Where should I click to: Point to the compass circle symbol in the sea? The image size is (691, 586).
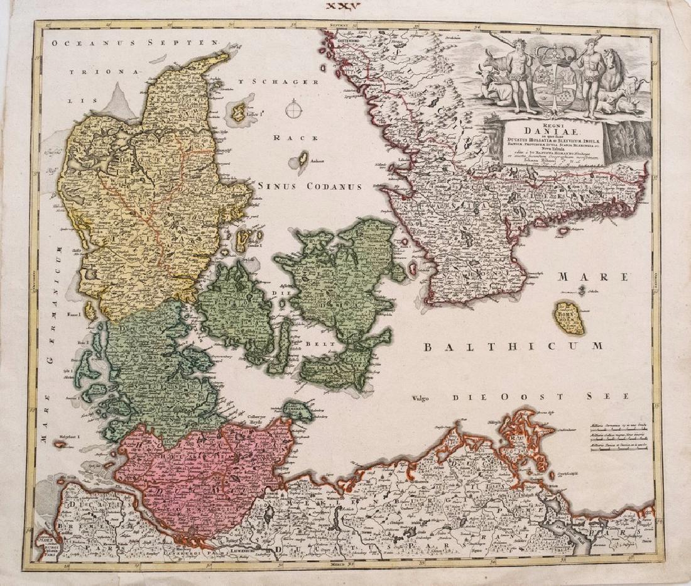click(293, 110)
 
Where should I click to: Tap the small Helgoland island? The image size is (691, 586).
click(62, 443)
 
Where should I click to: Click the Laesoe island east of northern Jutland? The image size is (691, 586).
click(240, 112)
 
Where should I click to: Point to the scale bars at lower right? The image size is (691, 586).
click(619, 436)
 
